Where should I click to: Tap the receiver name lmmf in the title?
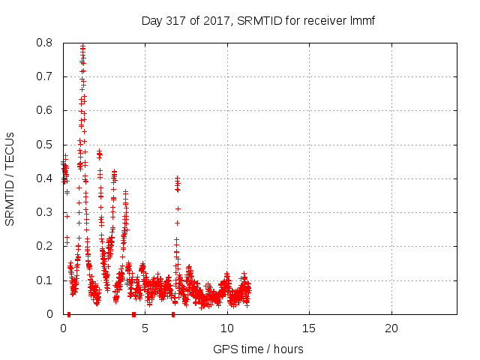361,20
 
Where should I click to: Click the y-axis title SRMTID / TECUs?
10,178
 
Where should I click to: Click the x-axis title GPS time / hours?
258,349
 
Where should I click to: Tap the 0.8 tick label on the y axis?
46,43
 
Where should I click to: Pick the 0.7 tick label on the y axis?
46,76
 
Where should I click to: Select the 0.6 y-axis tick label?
46,110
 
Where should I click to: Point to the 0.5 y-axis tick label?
46,144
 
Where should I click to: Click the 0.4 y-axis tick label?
46,178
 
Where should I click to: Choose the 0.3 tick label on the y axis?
46,212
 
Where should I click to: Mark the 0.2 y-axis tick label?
46,246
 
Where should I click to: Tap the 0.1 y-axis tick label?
46,280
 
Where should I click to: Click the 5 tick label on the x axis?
145,328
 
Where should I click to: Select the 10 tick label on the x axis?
226,328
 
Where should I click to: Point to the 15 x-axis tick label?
309,328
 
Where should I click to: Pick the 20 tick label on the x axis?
391,328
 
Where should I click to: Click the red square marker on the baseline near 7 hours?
173,313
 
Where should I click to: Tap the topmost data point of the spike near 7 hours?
178,178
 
